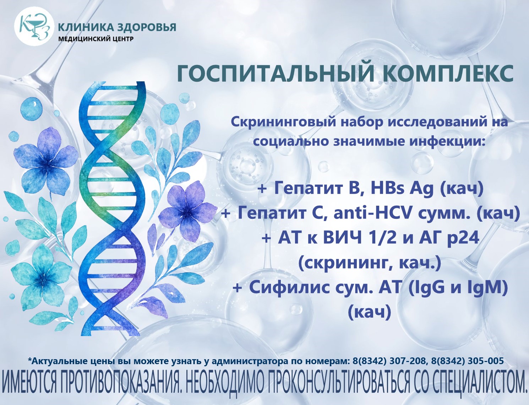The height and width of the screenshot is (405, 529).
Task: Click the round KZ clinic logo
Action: (33, 26)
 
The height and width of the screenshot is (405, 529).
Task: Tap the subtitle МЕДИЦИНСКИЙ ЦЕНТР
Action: (96, 39)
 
